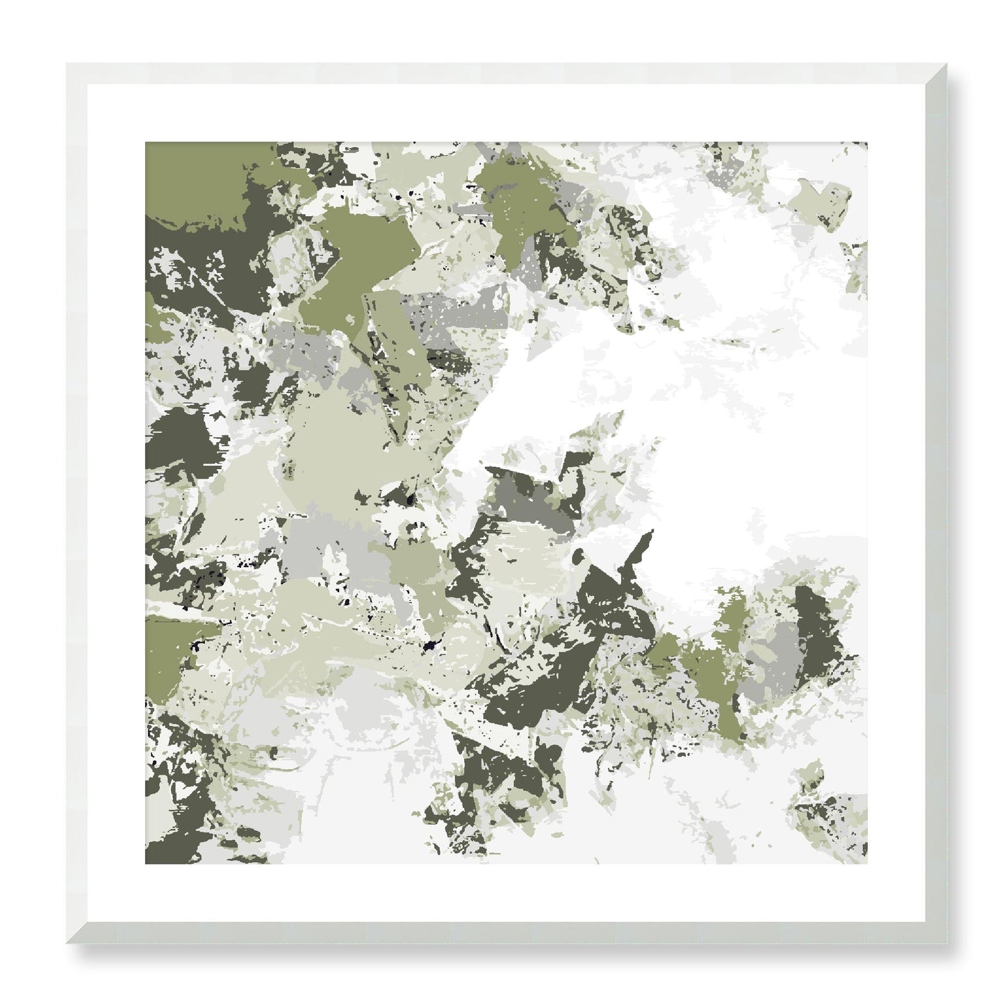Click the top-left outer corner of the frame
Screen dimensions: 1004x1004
pos(66,63)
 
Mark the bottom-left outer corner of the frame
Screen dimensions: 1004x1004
pos(66,944)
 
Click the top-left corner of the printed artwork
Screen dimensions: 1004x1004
pos(145,142)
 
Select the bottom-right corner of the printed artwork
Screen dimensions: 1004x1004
pos(867,864)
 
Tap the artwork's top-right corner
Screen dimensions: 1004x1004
pos(867,142)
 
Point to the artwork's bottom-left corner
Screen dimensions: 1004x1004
pos(145,864)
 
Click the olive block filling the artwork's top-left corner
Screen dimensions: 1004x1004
pos(188,174)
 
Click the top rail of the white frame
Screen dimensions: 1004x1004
pos(507,74)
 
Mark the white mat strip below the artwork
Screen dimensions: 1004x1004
pos(507,893)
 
